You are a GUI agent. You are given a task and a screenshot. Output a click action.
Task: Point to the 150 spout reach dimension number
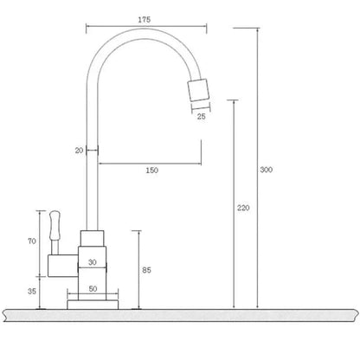151,170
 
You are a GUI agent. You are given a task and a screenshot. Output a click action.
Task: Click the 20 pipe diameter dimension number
80,151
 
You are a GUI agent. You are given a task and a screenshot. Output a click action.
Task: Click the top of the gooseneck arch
143,37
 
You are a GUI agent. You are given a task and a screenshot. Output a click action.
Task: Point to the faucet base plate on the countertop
91,303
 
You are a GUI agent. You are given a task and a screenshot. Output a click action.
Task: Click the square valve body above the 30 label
91,241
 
